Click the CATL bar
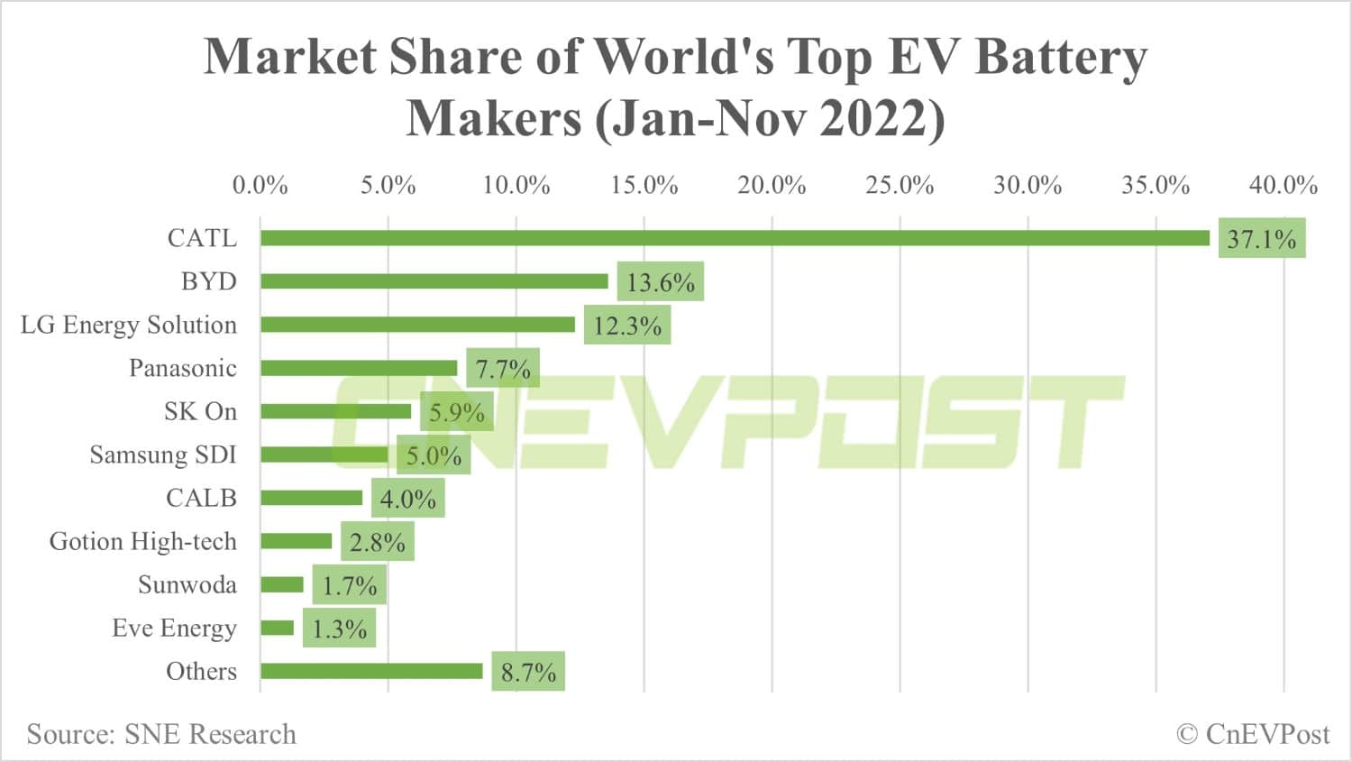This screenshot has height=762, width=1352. pyautogui.click(x=735, y=238)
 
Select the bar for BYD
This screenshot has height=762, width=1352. pyautogui.click(x=434, y=281)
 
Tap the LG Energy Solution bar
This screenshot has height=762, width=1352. pyautogui.click(x=417, y=325)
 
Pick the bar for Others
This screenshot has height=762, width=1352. pyautogui.click(x=371, y=671)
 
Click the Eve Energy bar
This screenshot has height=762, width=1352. pyautogui.click(x=278, y=628)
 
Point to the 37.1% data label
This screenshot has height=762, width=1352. pyautogui.click(x=1261, y=239)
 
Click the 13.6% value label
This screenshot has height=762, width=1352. pyautogui.click(x=660, y=282)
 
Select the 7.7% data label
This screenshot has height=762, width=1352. pyautogui.click(x=503, y=369)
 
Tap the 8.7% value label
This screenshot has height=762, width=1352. pyautogui.click(x=528, y=672)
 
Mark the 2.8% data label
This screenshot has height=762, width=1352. pyautogui.click(x=377, y=542)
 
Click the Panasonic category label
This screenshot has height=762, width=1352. pyautogui.click(x=183, y=368)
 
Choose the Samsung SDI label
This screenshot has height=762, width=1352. pyautogui.click(x=163, y=454)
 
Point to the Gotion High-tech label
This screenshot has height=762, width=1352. pyautogui.click(x=143, y=541)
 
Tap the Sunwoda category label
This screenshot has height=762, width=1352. pyautogui.click(x=187, y=584)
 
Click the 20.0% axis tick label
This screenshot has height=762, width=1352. pyautogui.click(x=772, y=185)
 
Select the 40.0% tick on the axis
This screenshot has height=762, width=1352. pyautogui.click(x=1283, y=185)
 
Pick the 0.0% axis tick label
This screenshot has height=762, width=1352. pyautogui.click(x=260, y=185)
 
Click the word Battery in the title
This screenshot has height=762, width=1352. pyautogui.click(x=1061, y=57)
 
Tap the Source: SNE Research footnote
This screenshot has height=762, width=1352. pyautogui.click(x=161, y=734)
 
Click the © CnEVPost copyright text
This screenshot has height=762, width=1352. pyautogui.click(x=1253, y=734)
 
